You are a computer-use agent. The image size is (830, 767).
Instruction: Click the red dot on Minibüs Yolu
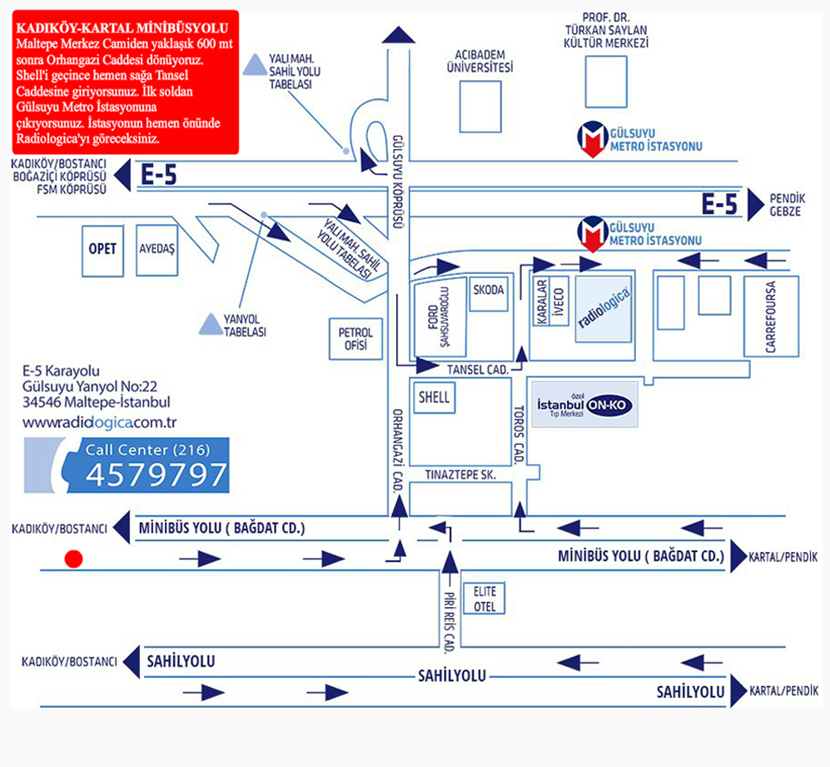73,559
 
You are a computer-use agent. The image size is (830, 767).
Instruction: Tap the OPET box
102,251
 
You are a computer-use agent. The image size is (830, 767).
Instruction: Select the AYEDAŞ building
157,250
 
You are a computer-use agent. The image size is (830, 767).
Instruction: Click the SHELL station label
434,397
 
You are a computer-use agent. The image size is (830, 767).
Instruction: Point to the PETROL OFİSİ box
355,339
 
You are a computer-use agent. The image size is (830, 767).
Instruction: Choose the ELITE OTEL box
485,599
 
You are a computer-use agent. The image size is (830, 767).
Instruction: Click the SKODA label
489,291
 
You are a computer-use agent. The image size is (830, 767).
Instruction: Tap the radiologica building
604,309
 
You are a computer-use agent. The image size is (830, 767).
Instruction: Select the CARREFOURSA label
771,316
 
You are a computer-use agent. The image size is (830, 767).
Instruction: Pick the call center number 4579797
157,475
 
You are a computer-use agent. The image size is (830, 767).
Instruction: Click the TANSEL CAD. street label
478,370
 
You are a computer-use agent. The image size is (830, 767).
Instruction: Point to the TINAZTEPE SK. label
460,475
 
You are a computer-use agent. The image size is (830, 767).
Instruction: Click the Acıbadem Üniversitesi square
480,107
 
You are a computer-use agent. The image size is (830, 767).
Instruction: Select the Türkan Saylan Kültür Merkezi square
606,82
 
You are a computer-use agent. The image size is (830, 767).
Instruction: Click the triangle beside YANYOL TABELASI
211,324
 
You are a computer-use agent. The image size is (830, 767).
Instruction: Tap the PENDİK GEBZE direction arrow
755,205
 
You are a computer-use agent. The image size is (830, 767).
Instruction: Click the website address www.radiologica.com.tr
100,423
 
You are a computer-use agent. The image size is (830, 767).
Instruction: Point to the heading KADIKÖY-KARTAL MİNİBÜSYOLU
122,28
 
